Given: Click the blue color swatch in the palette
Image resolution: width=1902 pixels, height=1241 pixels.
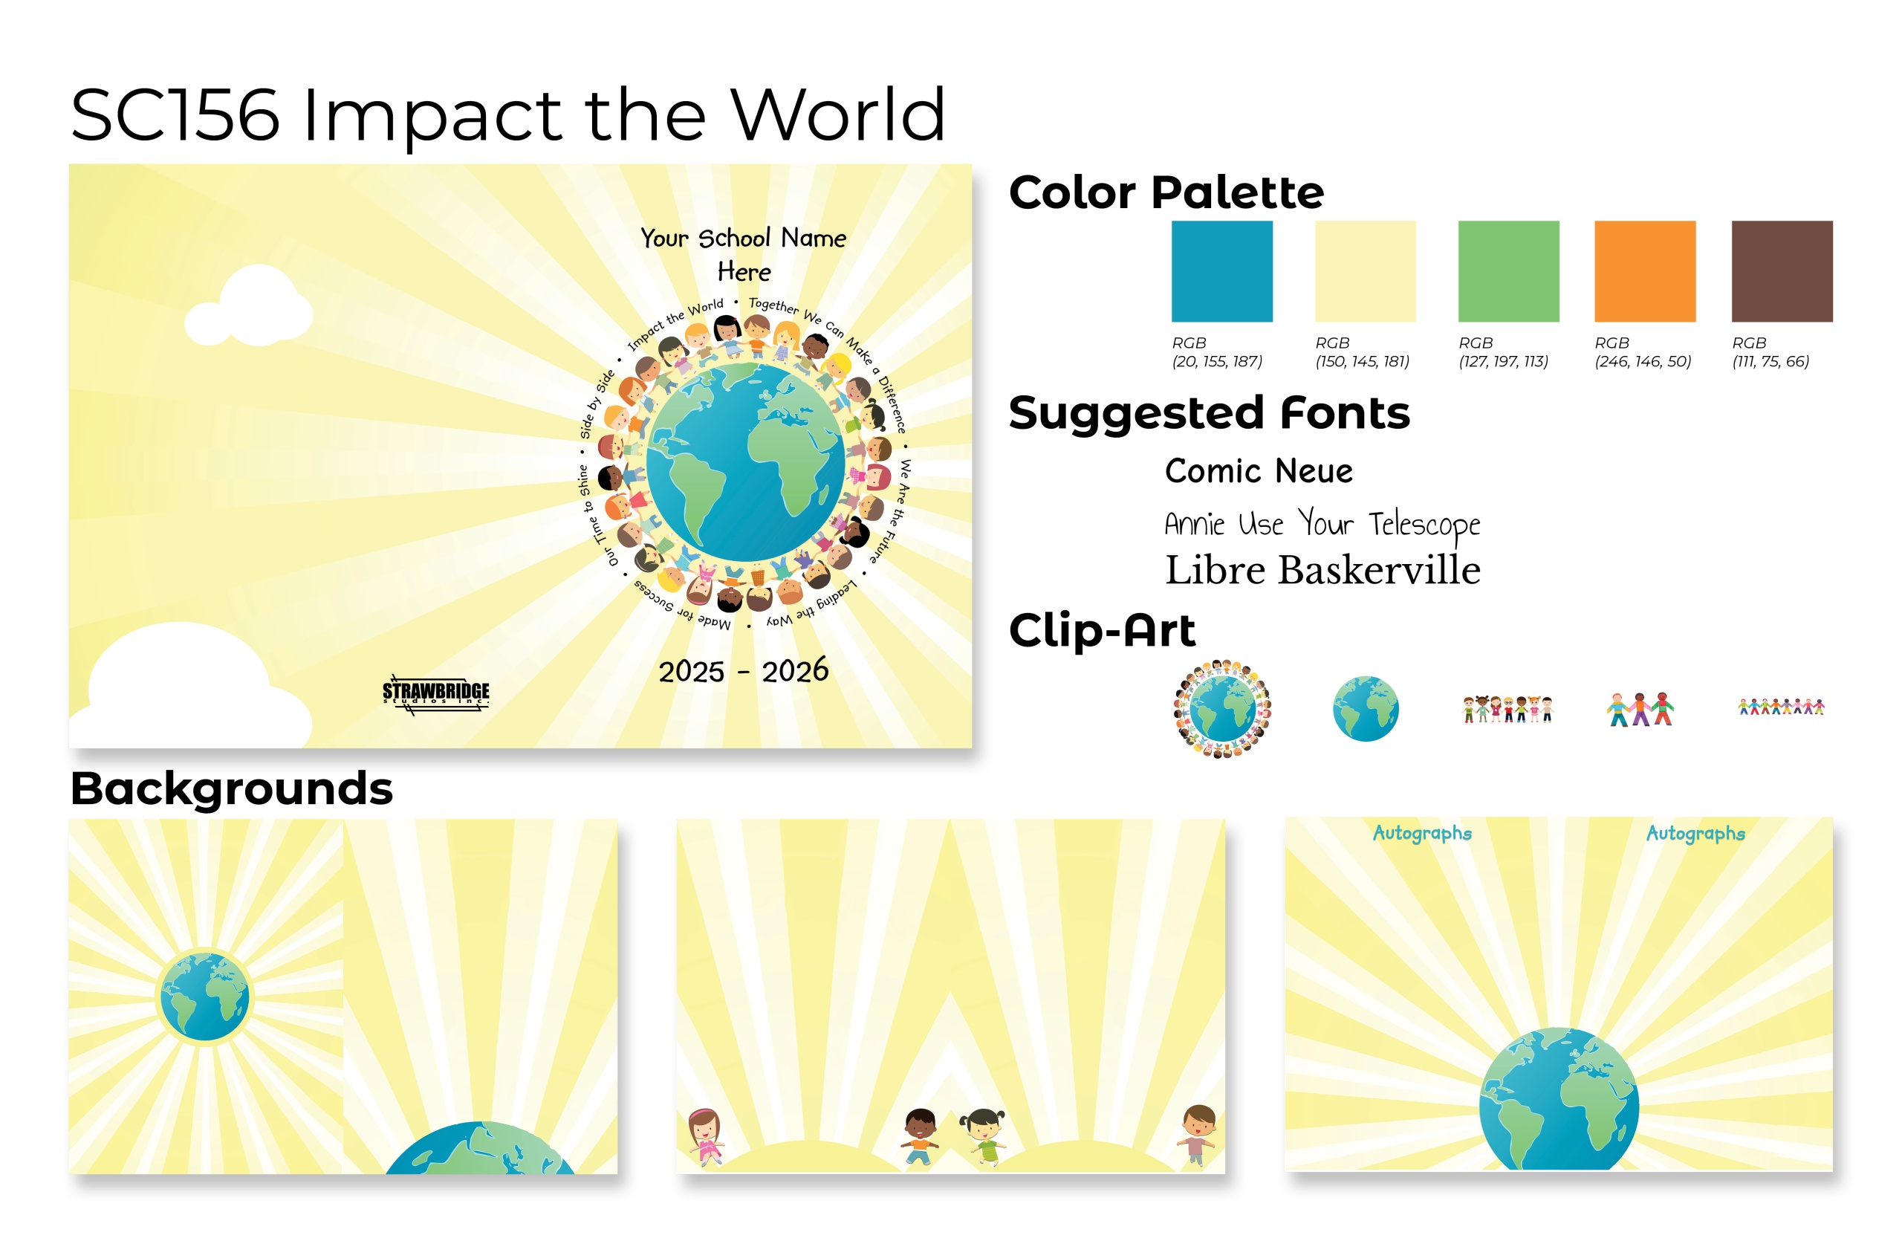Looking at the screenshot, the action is tap(1221, 271).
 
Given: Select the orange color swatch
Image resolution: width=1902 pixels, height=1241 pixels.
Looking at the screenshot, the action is tap(1645, 271).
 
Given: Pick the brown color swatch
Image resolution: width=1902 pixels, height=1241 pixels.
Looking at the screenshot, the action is tap(1782, 271).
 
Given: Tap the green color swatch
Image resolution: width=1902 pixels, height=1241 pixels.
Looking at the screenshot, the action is tap(1508, 271).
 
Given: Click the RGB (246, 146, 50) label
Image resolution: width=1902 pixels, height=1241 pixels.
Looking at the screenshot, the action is tap(1642, 351).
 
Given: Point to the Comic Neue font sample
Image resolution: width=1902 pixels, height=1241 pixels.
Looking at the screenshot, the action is tap(1259, 470).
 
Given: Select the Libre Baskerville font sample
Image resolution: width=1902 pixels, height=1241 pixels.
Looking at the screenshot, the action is tap(1322, 570).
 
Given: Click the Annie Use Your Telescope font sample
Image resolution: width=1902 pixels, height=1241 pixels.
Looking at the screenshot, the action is tap(1322, 525).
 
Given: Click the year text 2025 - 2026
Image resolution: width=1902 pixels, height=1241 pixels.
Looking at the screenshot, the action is tap(743, 670).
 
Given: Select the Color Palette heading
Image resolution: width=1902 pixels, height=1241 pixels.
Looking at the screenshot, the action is tap(1166, 192).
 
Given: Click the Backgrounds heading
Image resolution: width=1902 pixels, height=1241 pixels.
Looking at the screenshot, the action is tap(232, 788).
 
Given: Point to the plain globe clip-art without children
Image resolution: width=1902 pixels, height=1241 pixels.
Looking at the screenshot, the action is tap(1365, 708).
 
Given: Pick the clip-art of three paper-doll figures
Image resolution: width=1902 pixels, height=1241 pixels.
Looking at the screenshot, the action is tap(1640, 709).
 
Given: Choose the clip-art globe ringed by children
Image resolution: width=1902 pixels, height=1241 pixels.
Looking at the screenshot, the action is tap(1222, 708).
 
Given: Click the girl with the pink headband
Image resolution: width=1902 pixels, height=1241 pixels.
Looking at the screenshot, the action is tap(705, 1135).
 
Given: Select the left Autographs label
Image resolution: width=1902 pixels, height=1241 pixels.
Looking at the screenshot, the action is tap(1422, 834).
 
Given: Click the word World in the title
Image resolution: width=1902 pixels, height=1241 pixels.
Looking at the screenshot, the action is tap(838, 115).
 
